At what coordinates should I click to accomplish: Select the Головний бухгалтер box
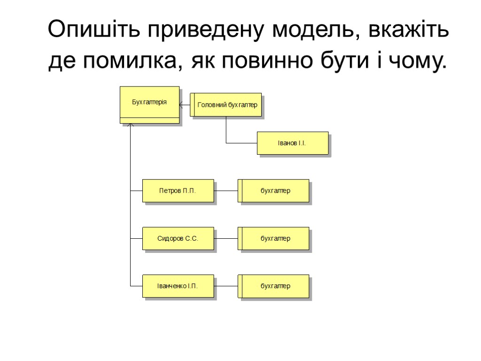[227, 105]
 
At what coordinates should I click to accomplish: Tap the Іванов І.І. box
[292, 143]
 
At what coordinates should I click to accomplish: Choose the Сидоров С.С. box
[178, 238]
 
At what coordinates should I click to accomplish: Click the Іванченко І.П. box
[178, 286]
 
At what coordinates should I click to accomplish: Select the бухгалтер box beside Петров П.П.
[275, 191]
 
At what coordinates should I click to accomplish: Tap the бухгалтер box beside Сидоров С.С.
[275, 238]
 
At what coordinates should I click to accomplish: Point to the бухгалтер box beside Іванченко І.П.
[275, 286]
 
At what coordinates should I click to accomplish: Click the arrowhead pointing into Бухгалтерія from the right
[182, 105]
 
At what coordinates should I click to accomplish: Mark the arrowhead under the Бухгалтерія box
[131, 126]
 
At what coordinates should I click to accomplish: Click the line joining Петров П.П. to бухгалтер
[226, 191]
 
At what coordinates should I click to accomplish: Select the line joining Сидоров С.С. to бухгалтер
[226, 238]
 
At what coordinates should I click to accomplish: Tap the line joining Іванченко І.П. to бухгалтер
[226, 286]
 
